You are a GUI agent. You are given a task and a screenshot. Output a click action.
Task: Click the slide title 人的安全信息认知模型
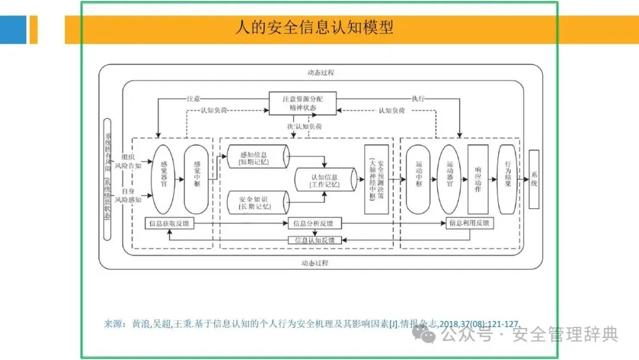pos(314,28)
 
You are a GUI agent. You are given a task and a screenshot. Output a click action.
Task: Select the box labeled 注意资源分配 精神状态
pos(303,103)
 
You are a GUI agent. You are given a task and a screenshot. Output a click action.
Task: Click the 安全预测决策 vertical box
pos(376,179)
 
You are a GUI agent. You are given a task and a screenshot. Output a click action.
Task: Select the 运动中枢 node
pos(418,179)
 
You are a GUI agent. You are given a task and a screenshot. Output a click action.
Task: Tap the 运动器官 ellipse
pos(450,179)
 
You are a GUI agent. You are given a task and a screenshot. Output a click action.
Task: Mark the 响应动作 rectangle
pos(477,179)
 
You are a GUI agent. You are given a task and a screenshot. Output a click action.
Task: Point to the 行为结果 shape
pos(507,179)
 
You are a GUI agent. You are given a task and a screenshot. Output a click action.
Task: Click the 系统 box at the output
pos(534,179)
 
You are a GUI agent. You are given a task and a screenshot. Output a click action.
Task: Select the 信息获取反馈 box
pos(170,223)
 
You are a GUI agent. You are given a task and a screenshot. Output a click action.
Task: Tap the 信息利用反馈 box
pos(470,223)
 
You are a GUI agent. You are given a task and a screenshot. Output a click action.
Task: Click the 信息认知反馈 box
pos(314,240)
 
